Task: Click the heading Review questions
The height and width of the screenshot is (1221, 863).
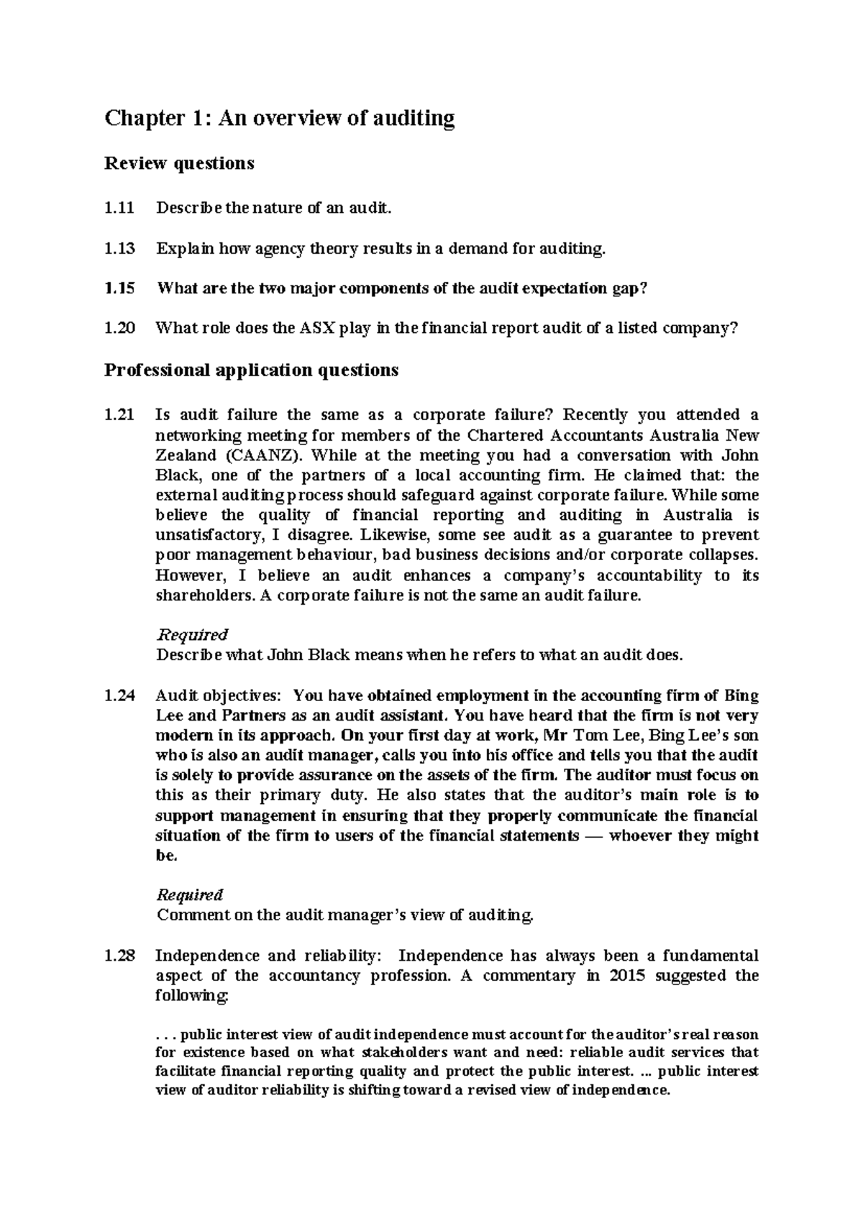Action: [179, 163]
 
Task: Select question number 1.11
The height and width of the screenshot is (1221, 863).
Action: [119, 209]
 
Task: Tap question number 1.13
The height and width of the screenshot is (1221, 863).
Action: [119, 249]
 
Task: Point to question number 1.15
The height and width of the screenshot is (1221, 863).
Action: [119, 288]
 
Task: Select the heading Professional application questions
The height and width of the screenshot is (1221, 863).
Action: [251, 370]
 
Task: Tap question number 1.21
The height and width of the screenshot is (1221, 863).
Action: [119, 415]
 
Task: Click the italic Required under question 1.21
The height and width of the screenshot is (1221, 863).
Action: [191, 635]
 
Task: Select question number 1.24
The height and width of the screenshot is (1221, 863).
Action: [119, 696]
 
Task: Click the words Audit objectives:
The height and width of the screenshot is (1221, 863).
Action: [220, 696]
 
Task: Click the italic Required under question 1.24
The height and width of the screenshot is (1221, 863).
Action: [190, 895]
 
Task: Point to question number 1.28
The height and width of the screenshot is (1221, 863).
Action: [119, 956]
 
